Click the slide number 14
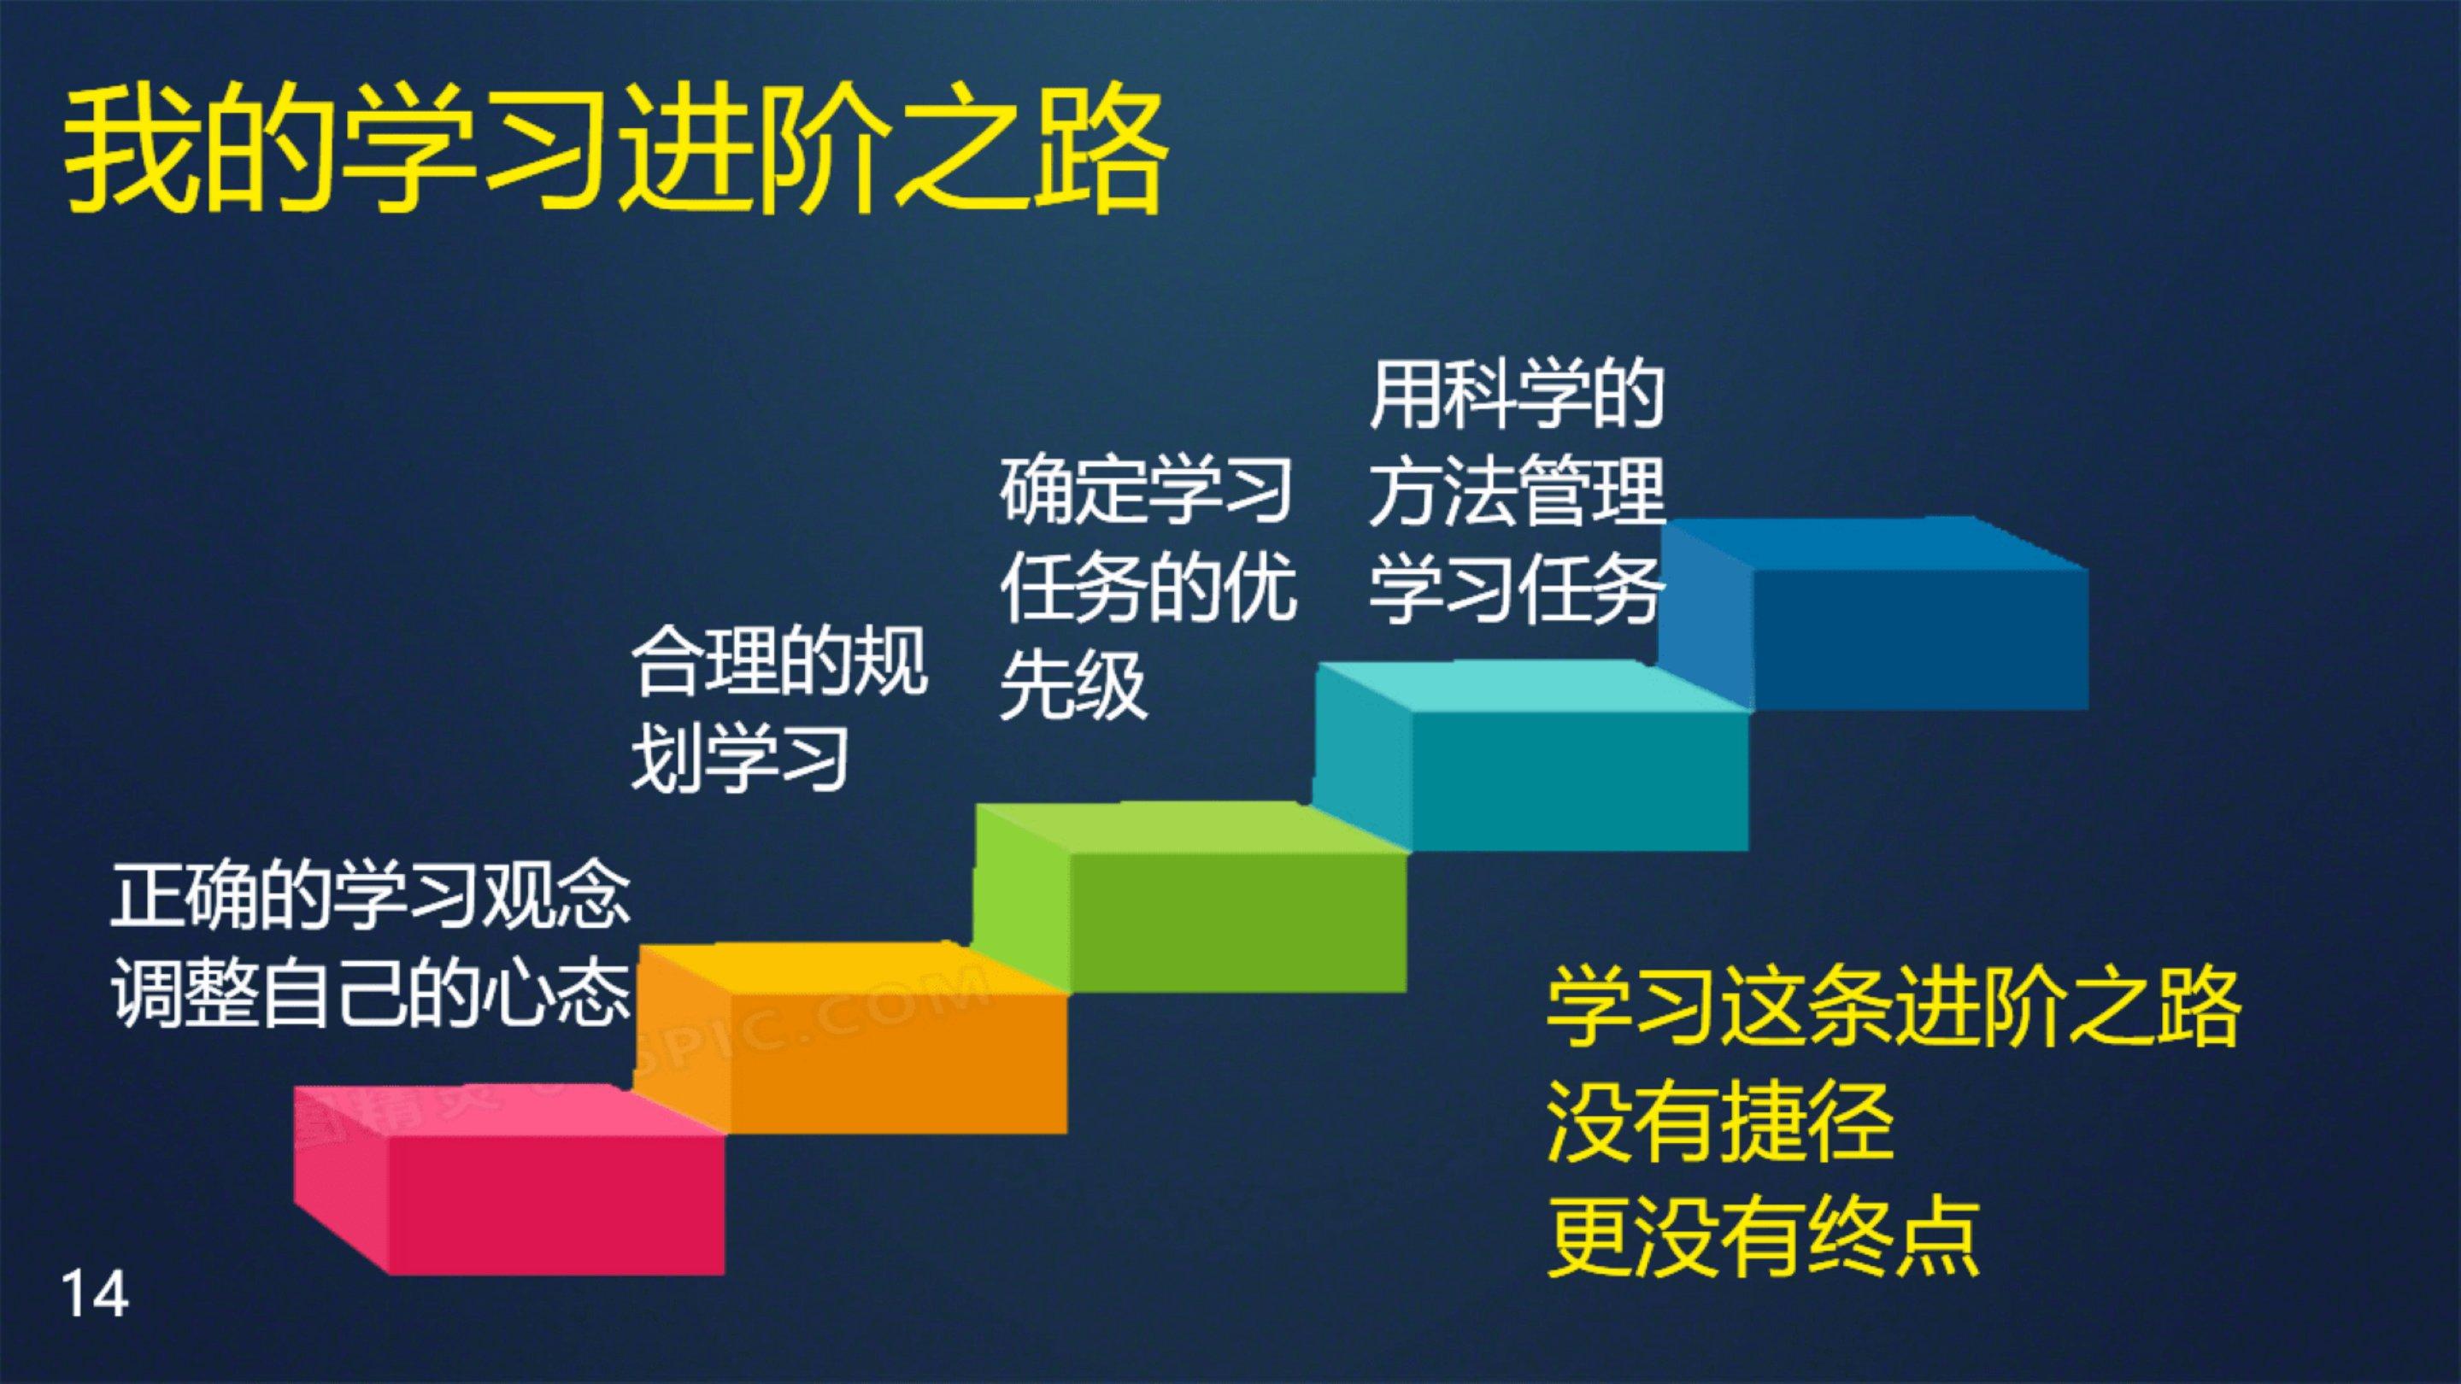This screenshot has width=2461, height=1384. click(x=95, y=1294)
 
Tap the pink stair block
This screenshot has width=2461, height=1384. click(x=508, y=1181)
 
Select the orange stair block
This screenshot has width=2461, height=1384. click(x=850, y=1039)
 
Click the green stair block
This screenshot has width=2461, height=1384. click(x=1190, y=898)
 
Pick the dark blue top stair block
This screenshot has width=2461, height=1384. click(x=1872, y=613)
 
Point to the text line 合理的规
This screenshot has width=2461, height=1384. click(x=778, y=660)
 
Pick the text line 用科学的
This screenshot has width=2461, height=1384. click(x=1517, y=395)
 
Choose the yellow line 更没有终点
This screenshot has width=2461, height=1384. click(x=1764, y=1236)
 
